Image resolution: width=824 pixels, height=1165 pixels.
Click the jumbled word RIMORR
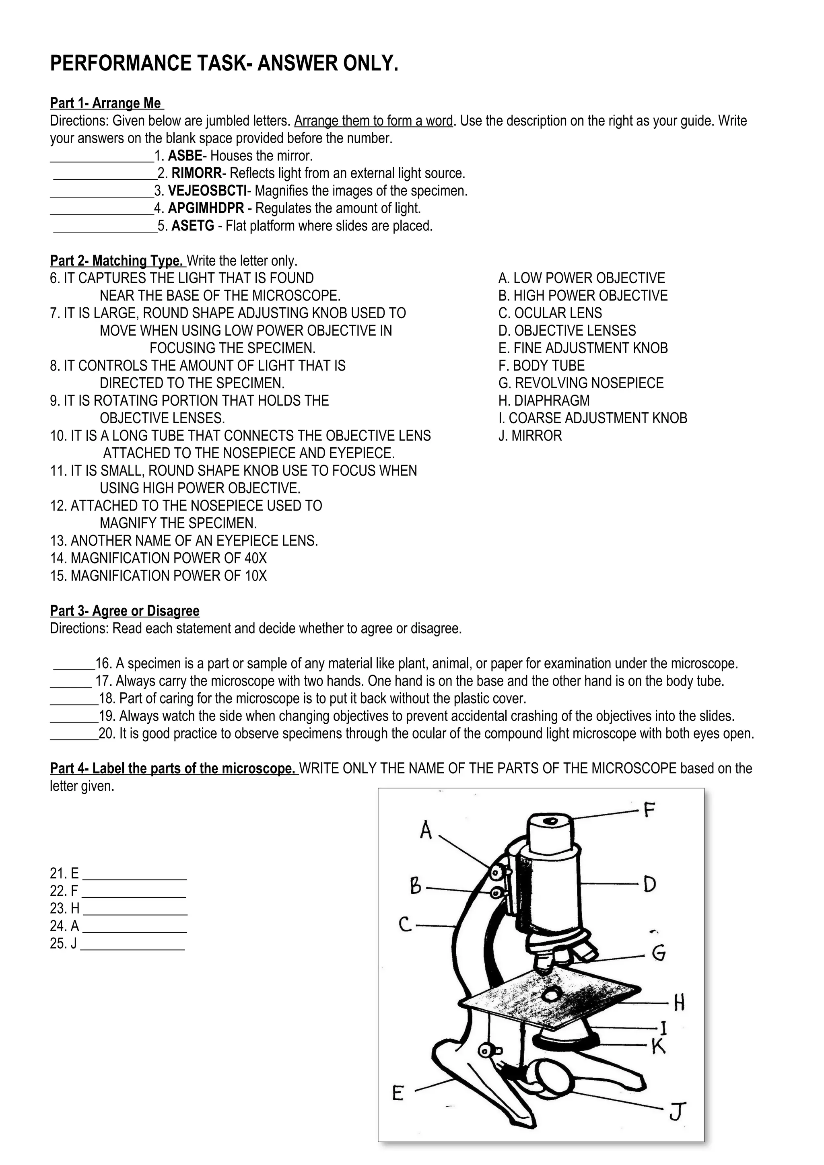(x=196, y=173)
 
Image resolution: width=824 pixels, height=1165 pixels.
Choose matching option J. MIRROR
(x=530, y=436)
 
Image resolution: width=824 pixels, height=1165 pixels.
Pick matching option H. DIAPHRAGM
(x=544, y=401)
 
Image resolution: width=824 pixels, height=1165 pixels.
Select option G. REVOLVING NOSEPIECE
(x=581, y=383)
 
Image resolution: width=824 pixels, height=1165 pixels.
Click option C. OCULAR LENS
(x=550, y=313)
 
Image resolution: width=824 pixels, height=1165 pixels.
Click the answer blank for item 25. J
(x=133, y=945)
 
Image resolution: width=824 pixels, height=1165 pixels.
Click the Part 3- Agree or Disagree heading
(x=125, y=611)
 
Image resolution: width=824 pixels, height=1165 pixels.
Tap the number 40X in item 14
(x=255, y=559)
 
